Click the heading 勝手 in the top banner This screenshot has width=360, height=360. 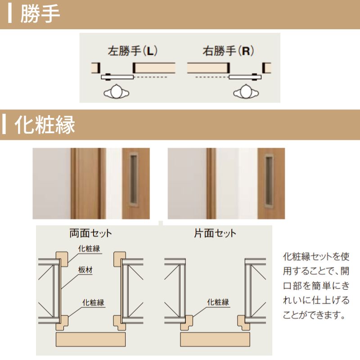click(40, 14)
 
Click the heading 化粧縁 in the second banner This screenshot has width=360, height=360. click(45, 125)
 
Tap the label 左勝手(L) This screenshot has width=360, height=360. click(132, 51)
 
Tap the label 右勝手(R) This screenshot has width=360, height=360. click(228, 51)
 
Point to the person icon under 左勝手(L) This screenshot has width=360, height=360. click(117, 91)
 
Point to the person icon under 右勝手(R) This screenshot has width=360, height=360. click(246, 91)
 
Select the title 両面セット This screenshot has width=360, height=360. click(90, 233)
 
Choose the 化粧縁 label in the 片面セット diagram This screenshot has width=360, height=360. click(218, 302)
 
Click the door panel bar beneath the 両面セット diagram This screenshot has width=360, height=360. click(90, 339)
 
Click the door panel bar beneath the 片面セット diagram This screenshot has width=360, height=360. click(216, 339)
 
